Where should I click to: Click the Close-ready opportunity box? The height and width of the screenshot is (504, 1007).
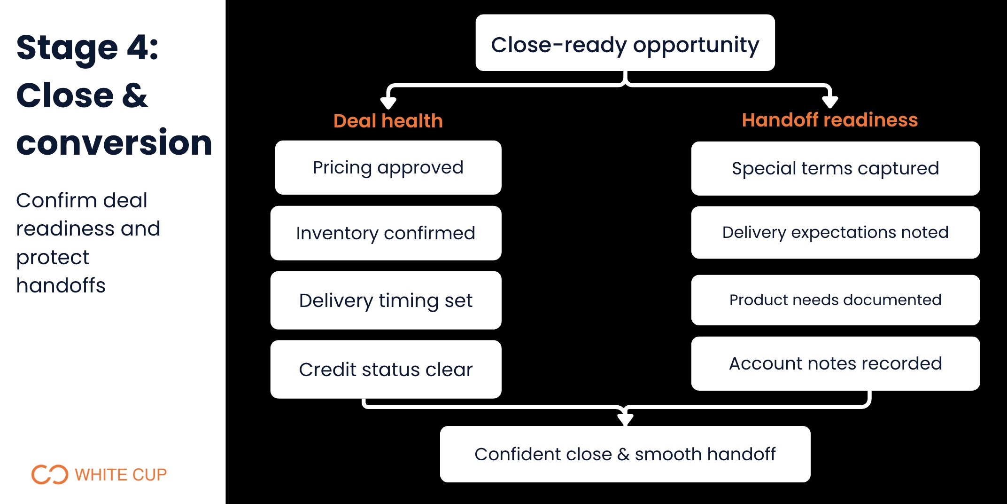[625, 43]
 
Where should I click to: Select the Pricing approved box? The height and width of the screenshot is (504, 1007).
[388, 168]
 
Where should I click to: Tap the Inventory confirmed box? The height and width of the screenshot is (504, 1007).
[386, 233]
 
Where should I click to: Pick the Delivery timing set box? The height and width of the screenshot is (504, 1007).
[386, 300]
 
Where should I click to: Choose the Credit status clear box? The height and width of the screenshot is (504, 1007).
[386, 370]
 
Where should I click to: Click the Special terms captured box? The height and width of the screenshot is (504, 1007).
[835, 169]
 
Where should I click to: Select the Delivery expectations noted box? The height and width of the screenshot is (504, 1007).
[835, 233]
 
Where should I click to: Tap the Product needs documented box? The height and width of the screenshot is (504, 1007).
[835, 300]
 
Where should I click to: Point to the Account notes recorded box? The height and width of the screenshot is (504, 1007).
[835, 363]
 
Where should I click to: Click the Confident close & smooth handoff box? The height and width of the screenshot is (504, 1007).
[625, 454]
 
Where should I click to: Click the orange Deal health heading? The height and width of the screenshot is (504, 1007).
[388, 121]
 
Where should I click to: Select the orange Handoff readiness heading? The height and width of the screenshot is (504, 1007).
[829, 120]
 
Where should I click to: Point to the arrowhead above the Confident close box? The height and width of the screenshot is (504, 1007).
[625, 418]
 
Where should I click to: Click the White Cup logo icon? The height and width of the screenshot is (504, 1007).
[49, 474]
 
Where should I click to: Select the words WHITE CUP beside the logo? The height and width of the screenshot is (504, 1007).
[121, 475]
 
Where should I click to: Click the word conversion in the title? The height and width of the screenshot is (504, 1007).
[114, 143]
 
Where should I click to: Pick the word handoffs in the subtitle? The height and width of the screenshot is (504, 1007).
[61, 285]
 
